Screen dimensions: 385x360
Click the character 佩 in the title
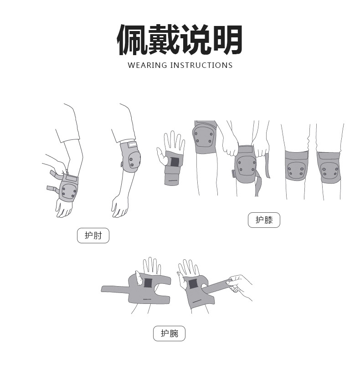[133, 40]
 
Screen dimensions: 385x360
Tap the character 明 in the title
[226, 40]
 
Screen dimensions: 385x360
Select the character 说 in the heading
[195, 40]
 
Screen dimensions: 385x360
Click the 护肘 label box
[93, 236]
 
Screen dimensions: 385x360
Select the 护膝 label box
[264, 220]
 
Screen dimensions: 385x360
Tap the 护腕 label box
[169, 334]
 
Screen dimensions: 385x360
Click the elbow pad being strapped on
[67, 187]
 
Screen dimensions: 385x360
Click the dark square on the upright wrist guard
[175, 162]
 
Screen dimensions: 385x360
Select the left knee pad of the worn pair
[296, 167]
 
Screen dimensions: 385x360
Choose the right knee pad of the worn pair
[329, 168]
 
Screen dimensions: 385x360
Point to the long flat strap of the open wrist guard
[115, 289]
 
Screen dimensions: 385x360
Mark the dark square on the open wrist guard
[148, 282]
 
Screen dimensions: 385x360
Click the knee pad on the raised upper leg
[205, 136]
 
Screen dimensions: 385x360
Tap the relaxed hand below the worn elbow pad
[120, 205]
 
